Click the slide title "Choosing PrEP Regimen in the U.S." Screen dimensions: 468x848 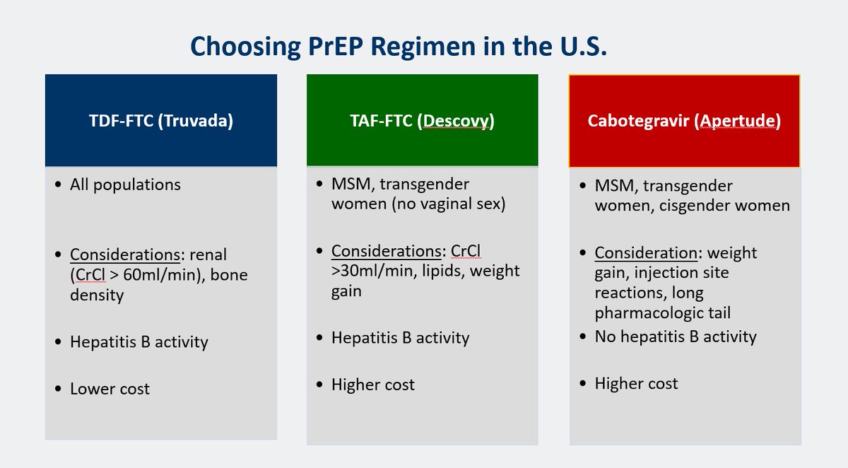399,47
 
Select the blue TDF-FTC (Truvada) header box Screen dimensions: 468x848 161,120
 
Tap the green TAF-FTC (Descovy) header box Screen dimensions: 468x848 422,121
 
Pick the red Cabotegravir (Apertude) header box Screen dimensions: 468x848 684,121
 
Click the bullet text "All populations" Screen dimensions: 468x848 125,185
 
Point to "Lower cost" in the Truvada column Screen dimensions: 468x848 110,389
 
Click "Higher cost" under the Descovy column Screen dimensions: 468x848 372,385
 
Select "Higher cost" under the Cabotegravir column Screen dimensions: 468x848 636,384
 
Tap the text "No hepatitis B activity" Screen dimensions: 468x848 675,337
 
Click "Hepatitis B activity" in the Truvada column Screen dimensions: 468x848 139,343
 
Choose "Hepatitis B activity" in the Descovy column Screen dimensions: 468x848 400,339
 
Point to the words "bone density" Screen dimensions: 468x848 158,285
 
